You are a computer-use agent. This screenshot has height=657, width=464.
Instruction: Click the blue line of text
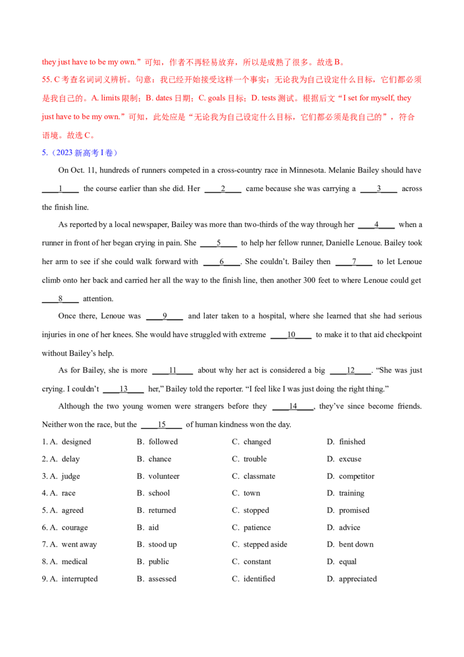click(x=81, y=153)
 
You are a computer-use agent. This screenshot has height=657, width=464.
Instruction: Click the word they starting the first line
click(x=46, y=62)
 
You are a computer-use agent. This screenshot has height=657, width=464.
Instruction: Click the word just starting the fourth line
click(x=48, y=117)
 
